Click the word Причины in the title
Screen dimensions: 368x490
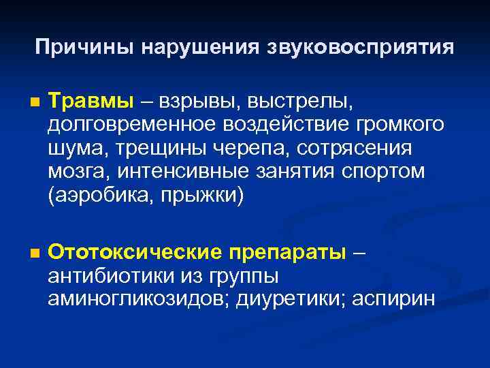(85, 47)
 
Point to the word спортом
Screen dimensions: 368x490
(385, 172)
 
